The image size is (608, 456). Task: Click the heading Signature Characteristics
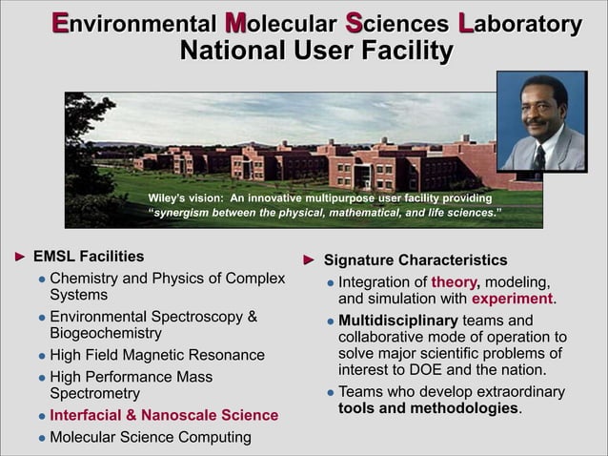pyautogui.click(x=415, y=260)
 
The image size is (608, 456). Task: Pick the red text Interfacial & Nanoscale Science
pyautogui.click(x=164, y=416)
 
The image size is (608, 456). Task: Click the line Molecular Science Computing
pyautogui.click(x=151, y=437)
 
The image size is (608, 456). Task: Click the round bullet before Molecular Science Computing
pyautogui.click(x=41, y=439)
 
